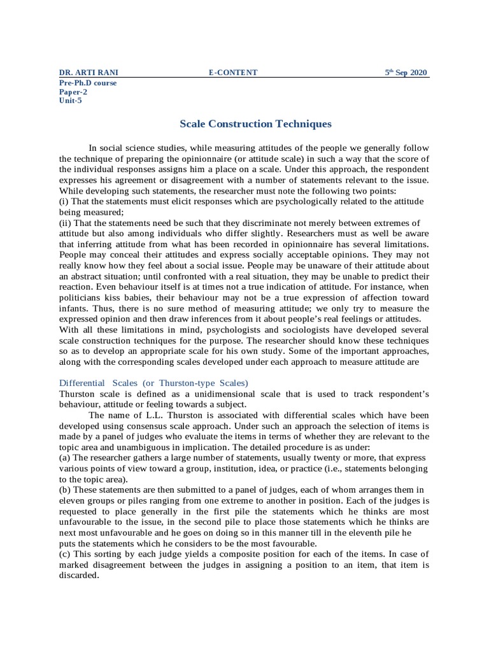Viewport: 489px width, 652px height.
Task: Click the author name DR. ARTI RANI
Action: (x=89, y=73)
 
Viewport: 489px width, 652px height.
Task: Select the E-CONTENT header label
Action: (x=233, y=73)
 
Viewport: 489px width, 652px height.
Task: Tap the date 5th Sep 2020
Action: (x=406, y=73)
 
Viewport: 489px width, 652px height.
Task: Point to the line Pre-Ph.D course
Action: (x=88, y=83)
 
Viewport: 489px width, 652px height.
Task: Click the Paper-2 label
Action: (x=73, y=92)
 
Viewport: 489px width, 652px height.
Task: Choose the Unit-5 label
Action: (x=71, y=101)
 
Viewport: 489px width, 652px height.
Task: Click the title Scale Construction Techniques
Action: (x=246, y=124)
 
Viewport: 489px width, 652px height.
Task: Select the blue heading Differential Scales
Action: (x=153, y=382)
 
